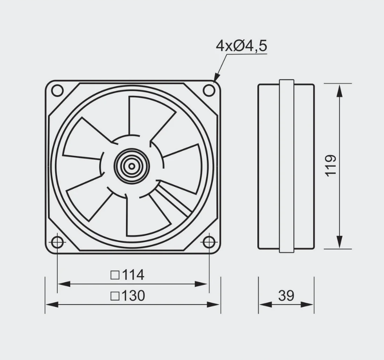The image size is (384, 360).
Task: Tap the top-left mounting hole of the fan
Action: point(57,90)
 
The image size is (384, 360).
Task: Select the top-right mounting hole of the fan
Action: point(209,90)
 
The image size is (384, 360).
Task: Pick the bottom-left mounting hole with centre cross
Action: point(57,242)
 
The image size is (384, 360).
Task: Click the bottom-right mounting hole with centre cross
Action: point(208,242)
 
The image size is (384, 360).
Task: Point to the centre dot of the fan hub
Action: point(132,166)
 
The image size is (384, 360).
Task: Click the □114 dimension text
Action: point(128,275)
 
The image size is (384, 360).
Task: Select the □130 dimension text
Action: point(128,296)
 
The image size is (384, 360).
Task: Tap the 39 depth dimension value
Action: point(286,296)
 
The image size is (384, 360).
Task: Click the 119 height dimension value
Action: point(331,166)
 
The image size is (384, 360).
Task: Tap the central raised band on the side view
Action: point(287,166)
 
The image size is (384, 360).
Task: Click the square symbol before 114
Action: point(115,275)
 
